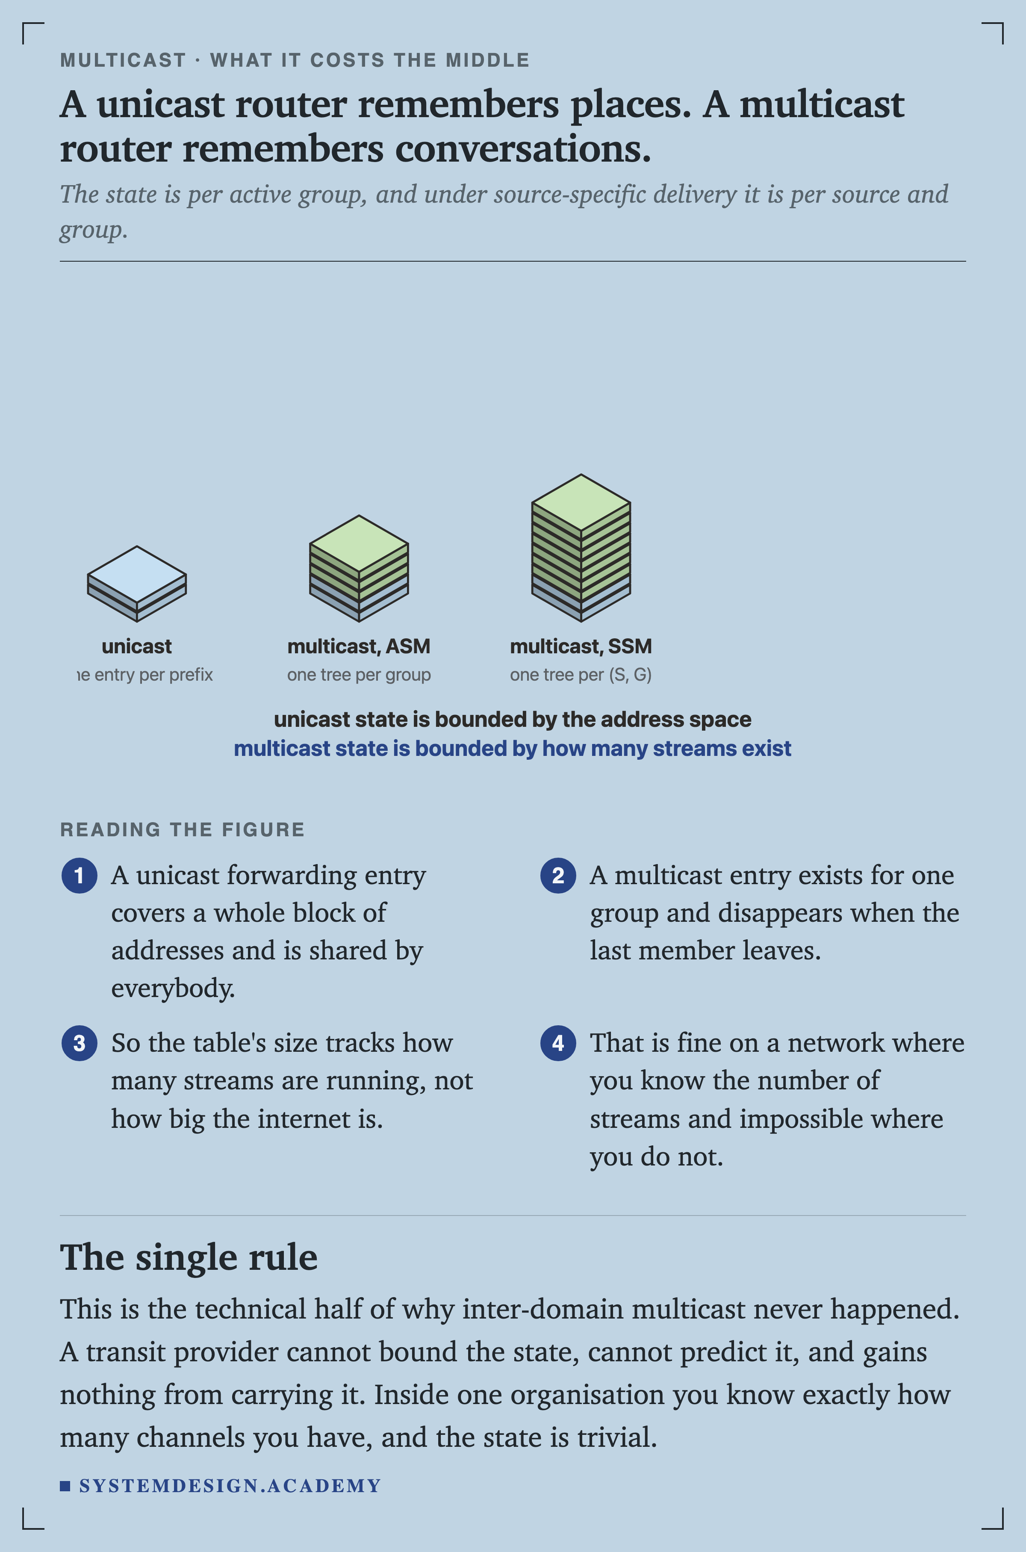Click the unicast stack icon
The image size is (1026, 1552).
pyautogui.click(x=137, y=584)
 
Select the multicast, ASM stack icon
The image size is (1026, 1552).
pyautogui.click(x=359, y=568)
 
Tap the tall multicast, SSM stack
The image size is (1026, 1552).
pyautogui.click(x=581, y=548)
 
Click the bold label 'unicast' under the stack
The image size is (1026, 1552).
pyautogui.click(x=137, y=646)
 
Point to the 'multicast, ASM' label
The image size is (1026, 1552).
pyautogui.click(x=359, y=646)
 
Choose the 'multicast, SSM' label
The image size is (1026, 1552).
pyautogui.click(x=581, y=646)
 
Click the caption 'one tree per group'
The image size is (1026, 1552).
pyautogui.click(x=359, y=675)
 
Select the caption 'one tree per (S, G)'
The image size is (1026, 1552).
pyautogui.click(x=581, y=675)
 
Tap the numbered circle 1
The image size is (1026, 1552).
pyautogui.click(x=79, y=876)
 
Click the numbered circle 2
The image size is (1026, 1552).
pyautogui.click(x=558, y=876)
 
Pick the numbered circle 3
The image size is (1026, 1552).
pyautogui.click(x=79, y=1043)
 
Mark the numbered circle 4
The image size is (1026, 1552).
pyautogui.click(x=558, y=1043)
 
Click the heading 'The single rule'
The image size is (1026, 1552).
pyautogui.click(x=189, y=1257)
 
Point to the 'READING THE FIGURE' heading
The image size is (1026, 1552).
pyautogui.click(x=183, y=829)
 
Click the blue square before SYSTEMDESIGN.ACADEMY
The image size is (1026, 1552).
pyautogui.click(x=65, y=1486)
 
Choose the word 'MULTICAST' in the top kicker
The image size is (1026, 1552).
pyautogui.click(x=123, y=60)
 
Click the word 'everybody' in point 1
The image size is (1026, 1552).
pyautogui.click(x=173, y=988)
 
